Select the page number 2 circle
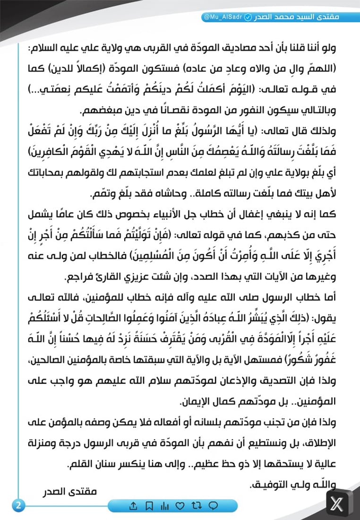(19, 504)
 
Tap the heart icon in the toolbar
(180, 506)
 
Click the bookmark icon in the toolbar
(149, 506)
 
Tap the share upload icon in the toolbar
(133, 506)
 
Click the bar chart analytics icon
(164, 506)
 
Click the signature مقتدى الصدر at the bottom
(73, 492)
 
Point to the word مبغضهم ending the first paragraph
(95, 111)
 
